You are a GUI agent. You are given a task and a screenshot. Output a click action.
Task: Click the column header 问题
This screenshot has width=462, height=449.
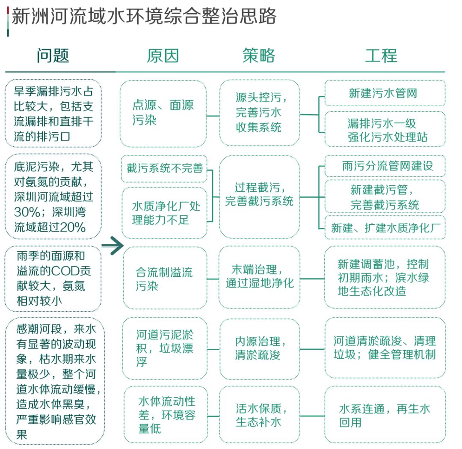point(53,56)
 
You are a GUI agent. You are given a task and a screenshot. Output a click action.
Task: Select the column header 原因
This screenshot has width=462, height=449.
point(163,56)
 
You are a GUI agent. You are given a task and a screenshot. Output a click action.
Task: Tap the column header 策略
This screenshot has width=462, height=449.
point(259,56)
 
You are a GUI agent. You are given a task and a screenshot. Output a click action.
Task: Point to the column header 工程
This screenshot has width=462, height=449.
point(381,56)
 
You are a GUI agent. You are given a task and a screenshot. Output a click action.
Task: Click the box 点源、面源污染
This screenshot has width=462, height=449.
point(163,113)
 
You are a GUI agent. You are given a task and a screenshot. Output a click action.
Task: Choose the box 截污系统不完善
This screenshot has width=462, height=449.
point(165,168)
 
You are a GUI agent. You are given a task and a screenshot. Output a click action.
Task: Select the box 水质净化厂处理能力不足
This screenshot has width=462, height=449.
point(165,213)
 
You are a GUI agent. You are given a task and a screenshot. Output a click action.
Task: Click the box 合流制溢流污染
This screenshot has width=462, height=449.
point(165,279)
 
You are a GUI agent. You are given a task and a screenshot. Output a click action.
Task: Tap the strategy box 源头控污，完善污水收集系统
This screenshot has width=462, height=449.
point(259,113)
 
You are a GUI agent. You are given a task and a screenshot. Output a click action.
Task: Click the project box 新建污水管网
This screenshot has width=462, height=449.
point(384,93)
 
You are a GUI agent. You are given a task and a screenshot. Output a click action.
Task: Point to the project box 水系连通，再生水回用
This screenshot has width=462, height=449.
point(384,415)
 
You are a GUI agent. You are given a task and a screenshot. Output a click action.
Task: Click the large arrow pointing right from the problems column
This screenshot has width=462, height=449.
point(112,246)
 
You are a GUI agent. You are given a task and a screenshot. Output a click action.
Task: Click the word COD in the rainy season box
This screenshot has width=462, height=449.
point(62,271)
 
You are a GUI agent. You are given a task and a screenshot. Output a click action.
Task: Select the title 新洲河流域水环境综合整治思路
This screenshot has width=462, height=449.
point(144,17)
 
